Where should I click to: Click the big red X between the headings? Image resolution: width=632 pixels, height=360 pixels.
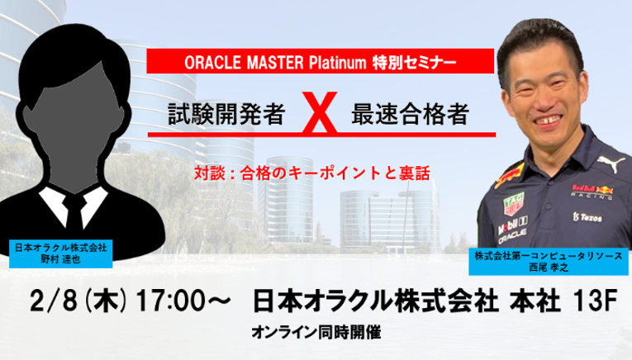point(320,112)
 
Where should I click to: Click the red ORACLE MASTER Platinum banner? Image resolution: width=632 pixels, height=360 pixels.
point(320,61)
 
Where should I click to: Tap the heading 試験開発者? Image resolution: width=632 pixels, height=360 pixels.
point(227,114)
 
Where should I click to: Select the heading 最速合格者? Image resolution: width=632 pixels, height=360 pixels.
point(410,114)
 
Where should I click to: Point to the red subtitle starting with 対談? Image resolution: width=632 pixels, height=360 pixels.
point(312,173)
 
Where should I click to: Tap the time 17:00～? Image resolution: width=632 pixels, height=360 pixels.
point(183,301)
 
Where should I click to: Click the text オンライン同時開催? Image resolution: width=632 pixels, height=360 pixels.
point(316,333)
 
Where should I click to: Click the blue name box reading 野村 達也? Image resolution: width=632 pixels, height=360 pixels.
point(60,253)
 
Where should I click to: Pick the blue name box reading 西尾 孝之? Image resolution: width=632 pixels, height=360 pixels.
point(549,262)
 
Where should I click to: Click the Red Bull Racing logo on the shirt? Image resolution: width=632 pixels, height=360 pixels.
point(592,192)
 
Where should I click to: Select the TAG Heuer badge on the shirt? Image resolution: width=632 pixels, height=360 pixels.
point(513,203)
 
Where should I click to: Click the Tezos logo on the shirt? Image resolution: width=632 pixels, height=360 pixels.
point(587,217)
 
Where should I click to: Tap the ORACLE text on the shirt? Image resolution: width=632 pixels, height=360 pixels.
point(512,236)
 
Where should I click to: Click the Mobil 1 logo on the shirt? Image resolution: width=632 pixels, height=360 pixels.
point(512,225)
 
